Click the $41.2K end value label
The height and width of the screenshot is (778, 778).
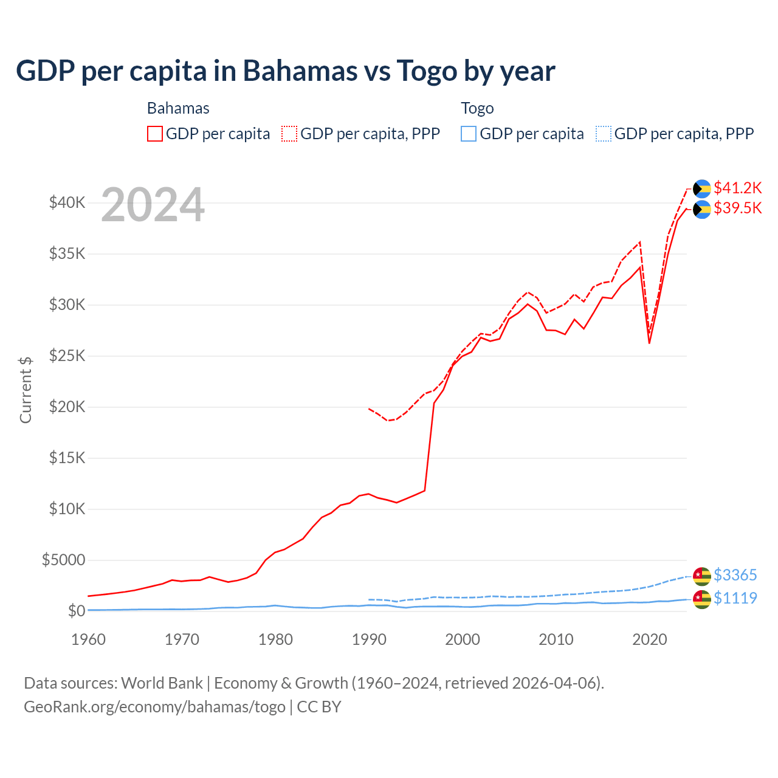tap(737, 187)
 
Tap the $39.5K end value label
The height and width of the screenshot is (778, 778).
tap(737, 208)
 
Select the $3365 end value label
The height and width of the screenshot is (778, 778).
tap(735, 575)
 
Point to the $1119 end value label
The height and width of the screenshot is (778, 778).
tap(735, 598)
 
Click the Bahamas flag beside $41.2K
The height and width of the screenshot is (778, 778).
tap(702, 188)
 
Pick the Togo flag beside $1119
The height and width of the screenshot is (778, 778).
tap(702, 599)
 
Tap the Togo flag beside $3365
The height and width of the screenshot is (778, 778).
tap(702, 576)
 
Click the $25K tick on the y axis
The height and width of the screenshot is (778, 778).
tap(67, 356)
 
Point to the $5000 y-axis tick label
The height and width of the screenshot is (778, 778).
tap(63, 560)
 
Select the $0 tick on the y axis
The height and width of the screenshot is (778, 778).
tap(76, 611)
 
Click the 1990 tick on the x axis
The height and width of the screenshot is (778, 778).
tap(369, 639)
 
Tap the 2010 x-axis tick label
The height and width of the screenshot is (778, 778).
tap(556, 639)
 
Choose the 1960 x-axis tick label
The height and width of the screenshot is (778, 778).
tap(89, 639)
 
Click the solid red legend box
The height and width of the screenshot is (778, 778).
tap(155, 134)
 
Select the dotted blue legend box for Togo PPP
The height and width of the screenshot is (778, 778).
tap(604, 134)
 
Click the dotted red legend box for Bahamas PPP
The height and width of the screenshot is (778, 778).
tap(289, 134)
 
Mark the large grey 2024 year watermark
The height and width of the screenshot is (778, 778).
tap(153, 205)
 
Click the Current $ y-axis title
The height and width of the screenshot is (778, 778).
tap(26, 390)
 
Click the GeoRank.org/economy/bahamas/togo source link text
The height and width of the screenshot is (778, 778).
tap(154, 707)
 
